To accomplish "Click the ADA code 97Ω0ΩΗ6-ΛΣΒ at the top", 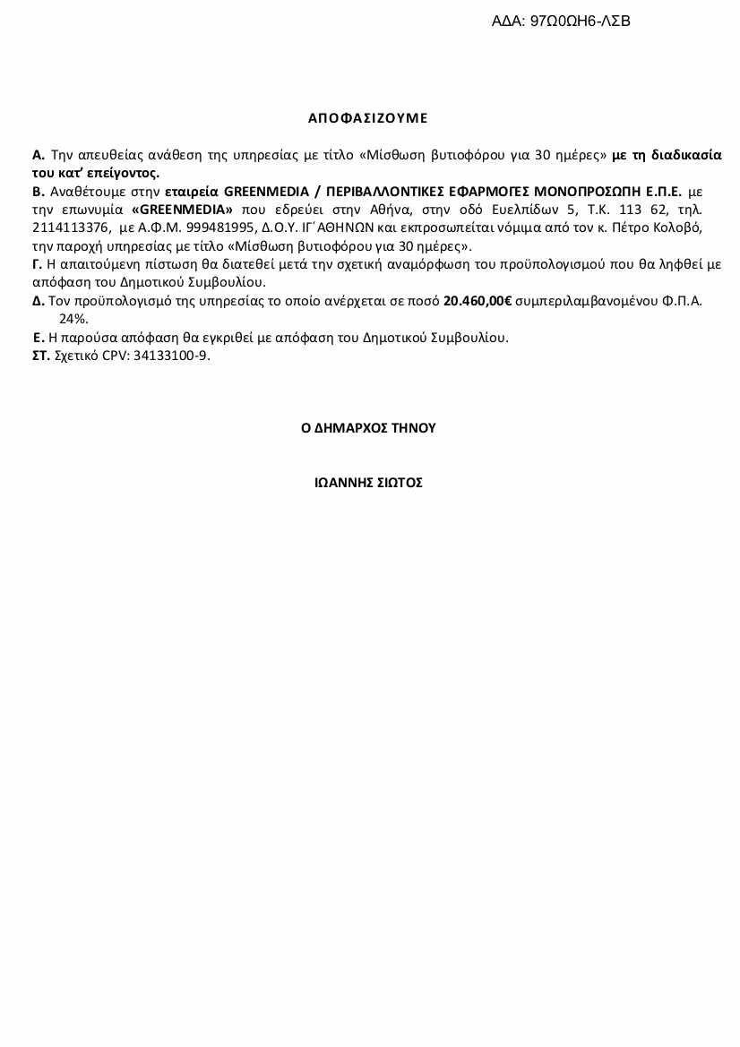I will pyautogui.click(x=581, y=21).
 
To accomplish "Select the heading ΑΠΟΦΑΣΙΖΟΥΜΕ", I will pyautogui.click(x=368, y=118).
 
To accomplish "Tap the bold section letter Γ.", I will pyautogui.click(x=37, y=264).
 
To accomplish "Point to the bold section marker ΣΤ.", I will pyautogui.click(x=41, y=356).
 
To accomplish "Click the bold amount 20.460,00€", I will pyautogui.click(x=477, y=301).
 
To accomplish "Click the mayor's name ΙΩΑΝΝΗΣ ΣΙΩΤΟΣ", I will pyautogui.click(x=368, y=483).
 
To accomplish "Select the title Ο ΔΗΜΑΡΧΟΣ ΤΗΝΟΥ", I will pyautogui.click(x=368, y=428).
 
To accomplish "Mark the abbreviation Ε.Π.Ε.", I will pyautogui.click(x=658, y=192).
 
